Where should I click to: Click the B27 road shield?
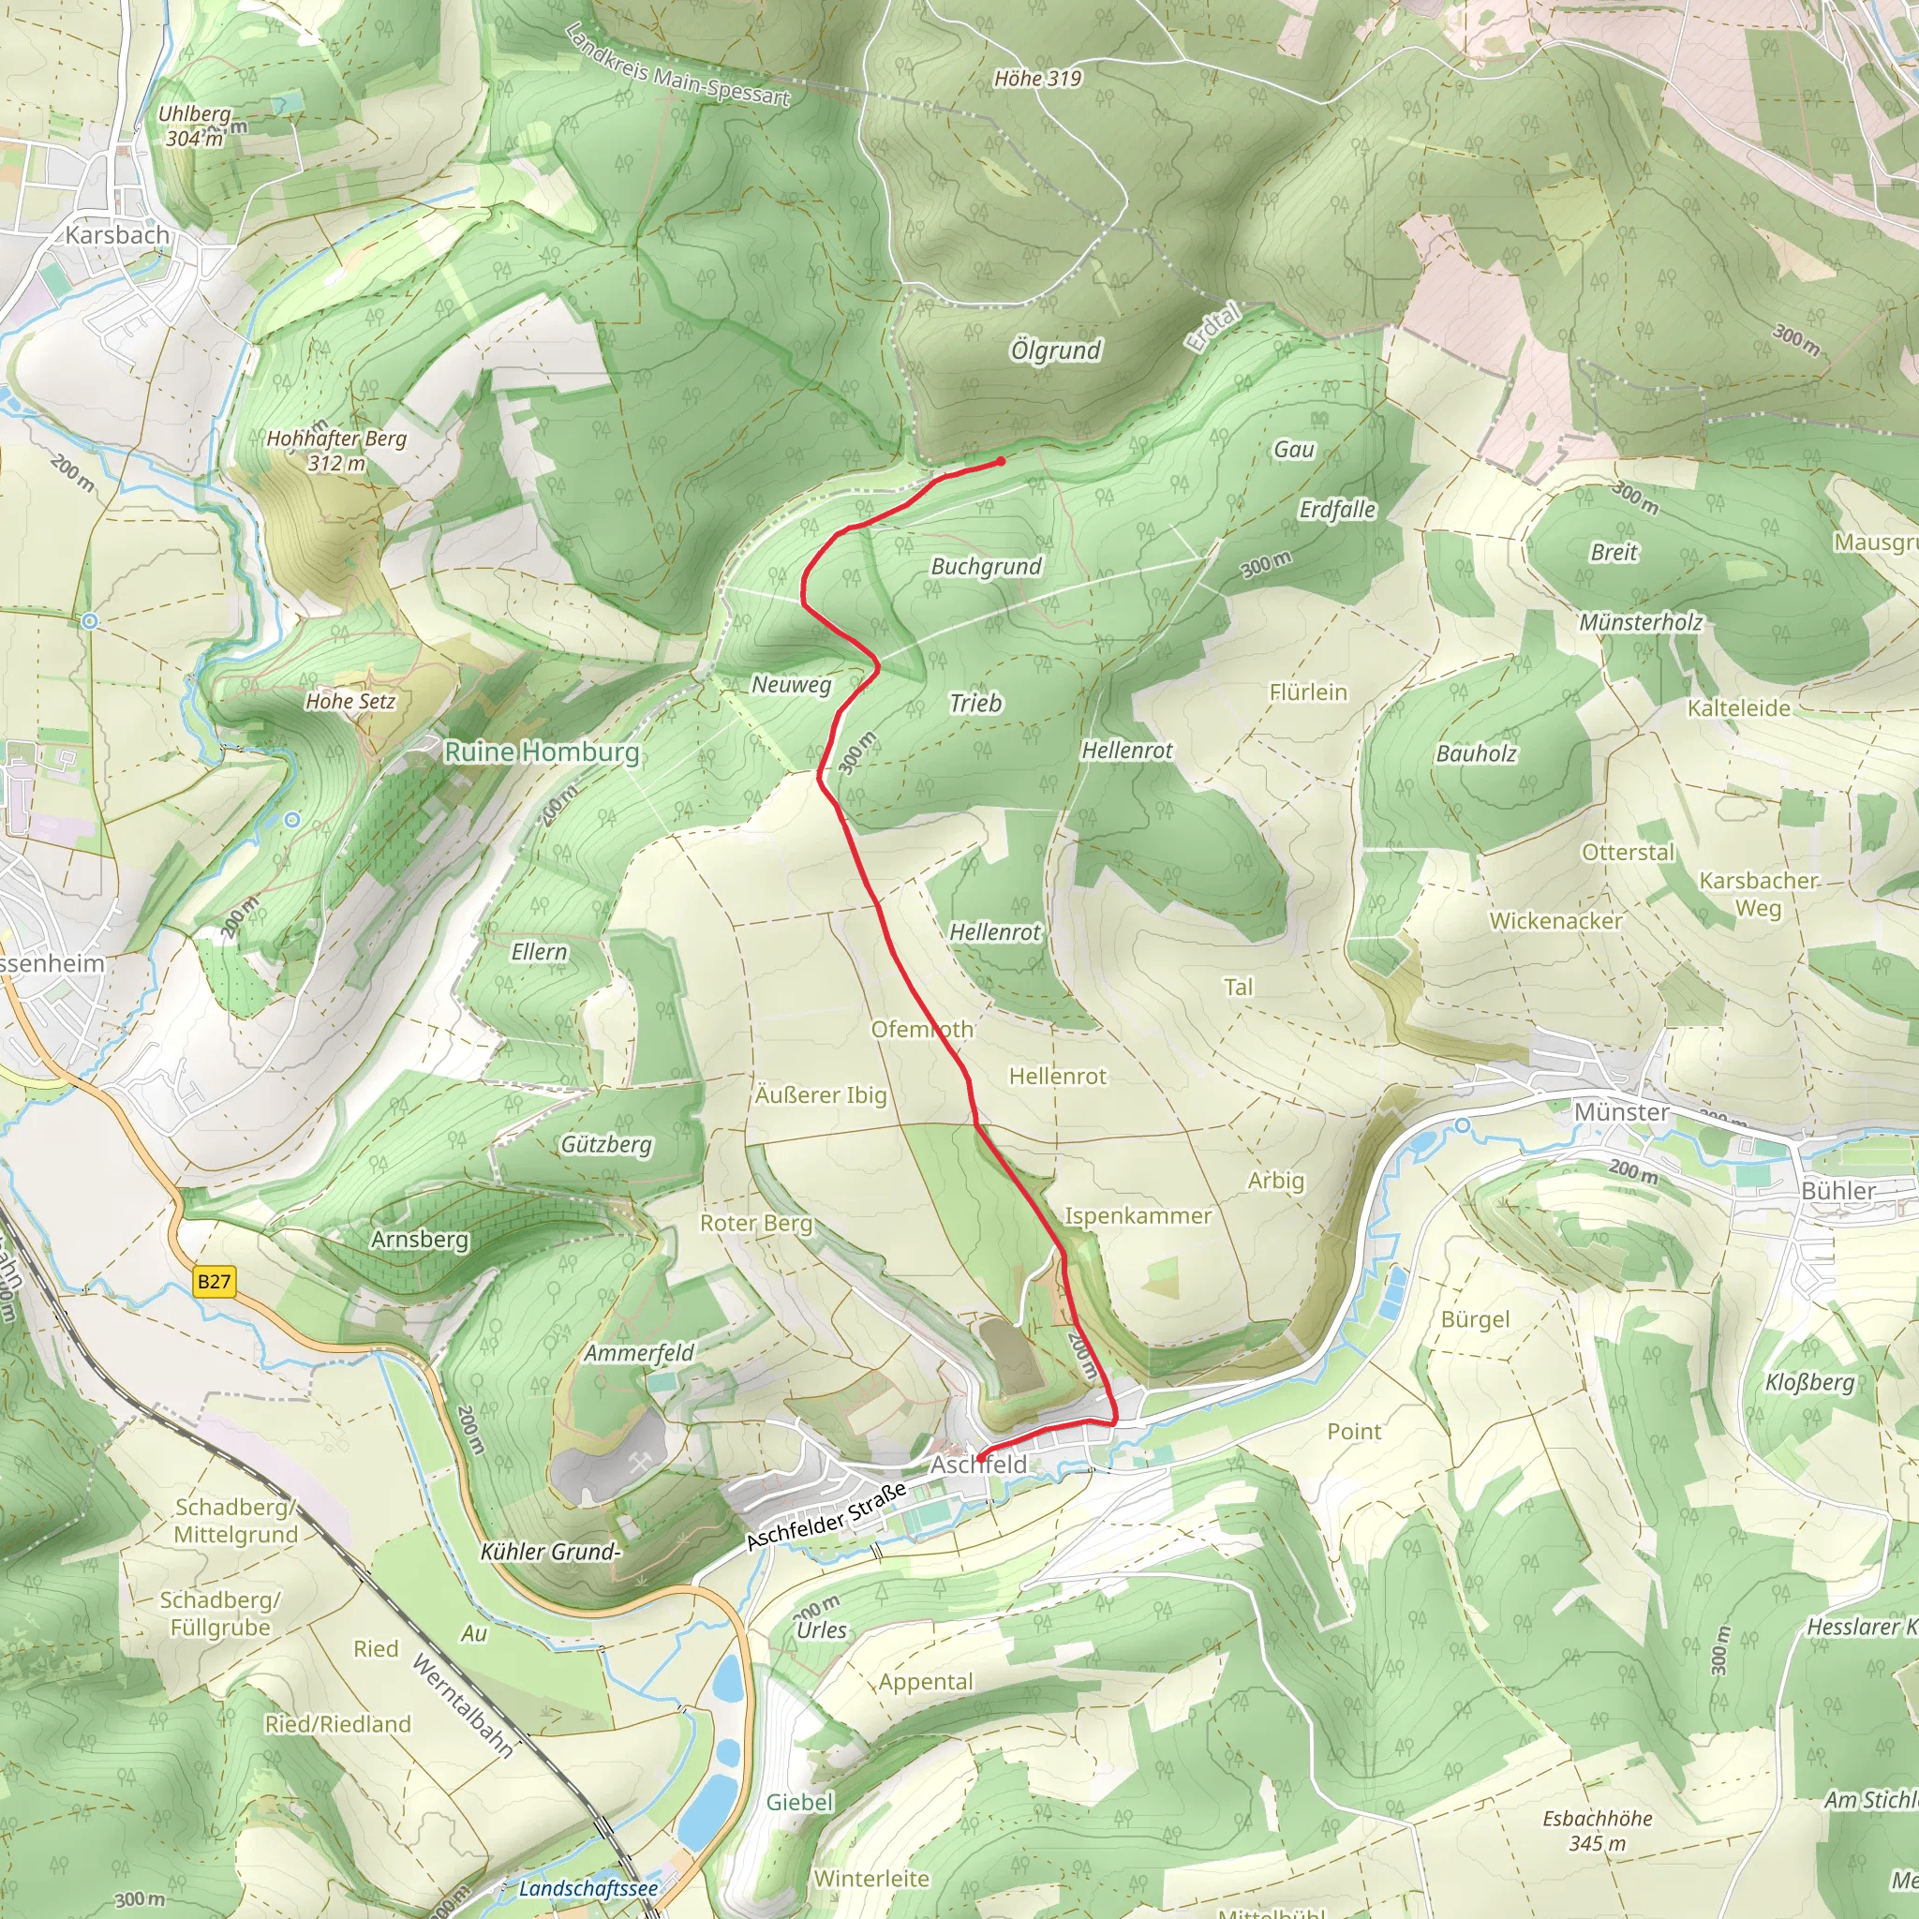[214, 1281]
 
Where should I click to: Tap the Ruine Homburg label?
[542, 751]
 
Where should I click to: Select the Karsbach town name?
[117, 235]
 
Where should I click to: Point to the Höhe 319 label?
[1038, 79]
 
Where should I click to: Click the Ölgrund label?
[1055, 350]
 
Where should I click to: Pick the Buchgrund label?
[986, 566]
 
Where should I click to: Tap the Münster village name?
[1621, 1111]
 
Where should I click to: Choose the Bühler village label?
[1838, 1191]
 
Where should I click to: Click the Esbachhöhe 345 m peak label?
[1598, 1831]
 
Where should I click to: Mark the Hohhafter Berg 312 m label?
[336, 450]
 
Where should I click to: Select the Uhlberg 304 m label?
[195, 126]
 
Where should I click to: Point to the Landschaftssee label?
[588, 1888]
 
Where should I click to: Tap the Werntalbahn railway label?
[463, 1705]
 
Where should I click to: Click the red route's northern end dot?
[1000, 462]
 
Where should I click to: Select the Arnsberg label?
[419, 1240]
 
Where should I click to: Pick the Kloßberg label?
[1809, 1382]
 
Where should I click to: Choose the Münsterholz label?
[1641, 623]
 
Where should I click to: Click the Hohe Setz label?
[350, 701]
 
